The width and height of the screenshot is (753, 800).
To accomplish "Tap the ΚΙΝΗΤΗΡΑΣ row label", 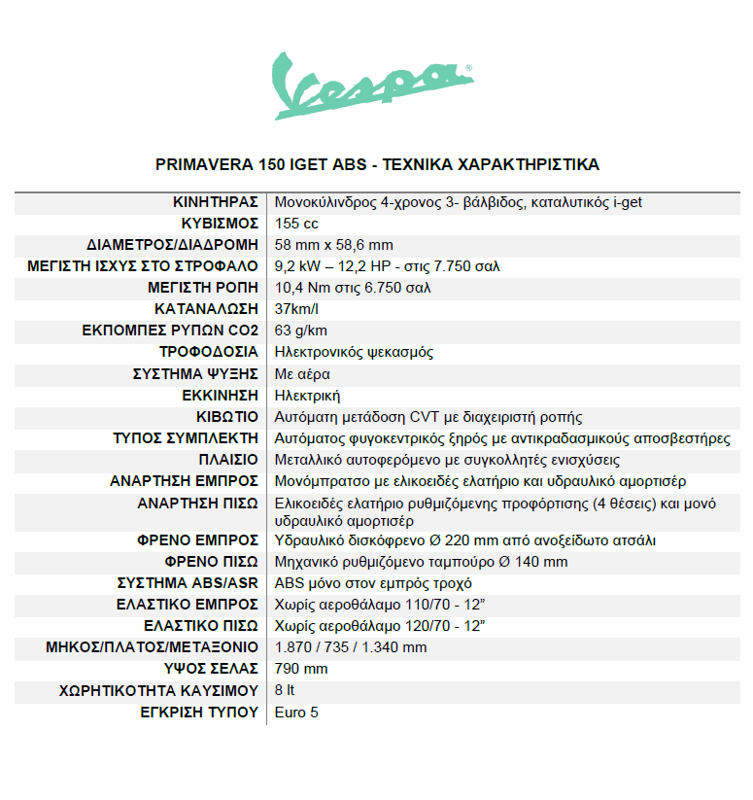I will click(215, 202).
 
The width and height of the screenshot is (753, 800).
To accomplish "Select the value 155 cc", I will click(297, 224).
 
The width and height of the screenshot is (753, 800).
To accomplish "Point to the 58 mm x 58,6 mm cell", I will click(334, 245).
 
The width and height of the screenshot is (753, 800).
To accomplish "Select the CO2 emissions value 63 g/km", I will click(300, 330).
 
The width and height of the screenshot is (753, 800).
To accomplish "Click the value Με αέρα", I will click(302, 373).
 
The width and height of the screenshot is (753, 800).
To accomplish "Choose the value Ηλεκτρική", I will click(308, 395).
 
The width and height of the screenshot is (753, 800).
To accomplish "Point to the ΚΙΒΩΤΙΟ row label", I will click(226, 416).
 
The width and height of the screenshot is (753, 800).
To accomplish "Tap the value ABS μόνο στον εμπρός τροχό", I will click(373, 583).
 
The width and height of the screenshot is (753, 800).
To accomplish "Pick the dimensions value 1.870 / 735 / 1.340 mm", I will click(351, 647).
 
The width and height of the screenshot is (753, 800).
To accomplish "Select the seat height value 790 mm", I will click(301, 669).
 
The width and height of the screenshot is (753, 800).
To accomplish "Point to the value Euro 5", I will click(296, 713).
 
